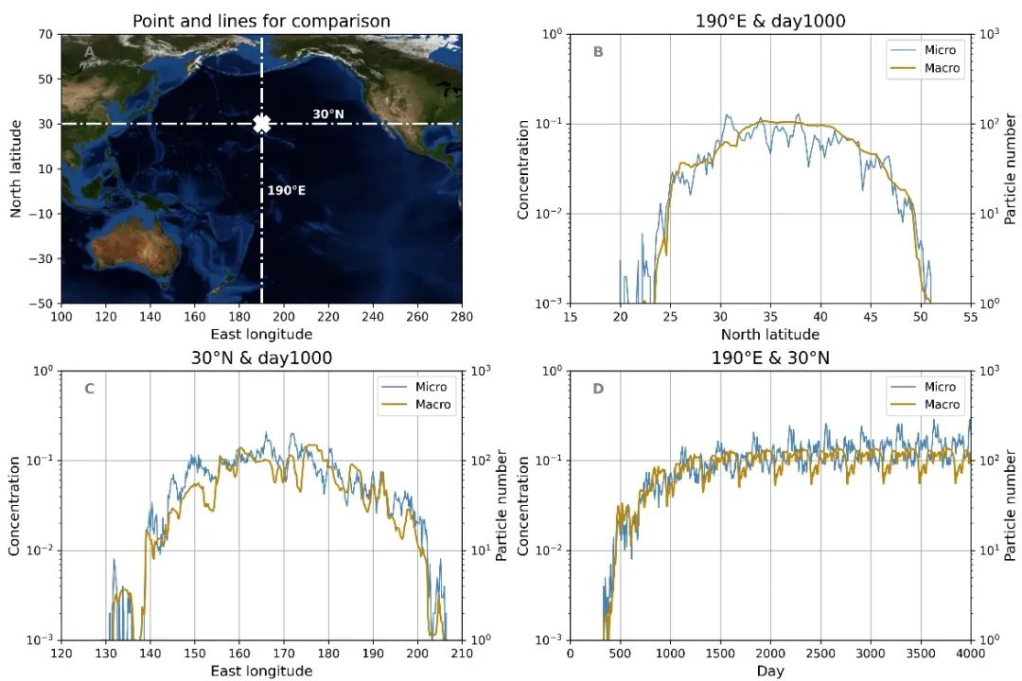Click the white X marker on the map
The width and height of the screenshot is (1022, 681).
262,124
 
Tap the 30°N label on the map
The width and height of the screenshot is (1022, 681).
327,114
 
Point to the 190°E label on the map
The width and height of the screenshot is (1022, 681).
286,190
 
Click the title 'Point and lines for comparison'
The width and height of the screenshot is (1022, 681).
261,21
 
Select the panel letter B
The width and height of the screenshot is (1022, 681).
598,52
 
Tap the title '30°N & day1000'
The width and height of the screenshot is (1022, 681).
261,358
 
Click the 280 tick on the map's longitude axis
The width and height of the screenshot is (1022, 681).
462,317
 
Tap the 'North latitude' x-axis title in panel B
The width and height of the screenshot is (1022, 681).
770,334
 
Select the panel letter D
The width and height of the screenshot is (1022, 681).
598,389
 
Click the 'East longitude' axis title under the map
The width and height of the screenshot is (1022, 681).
261,334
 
